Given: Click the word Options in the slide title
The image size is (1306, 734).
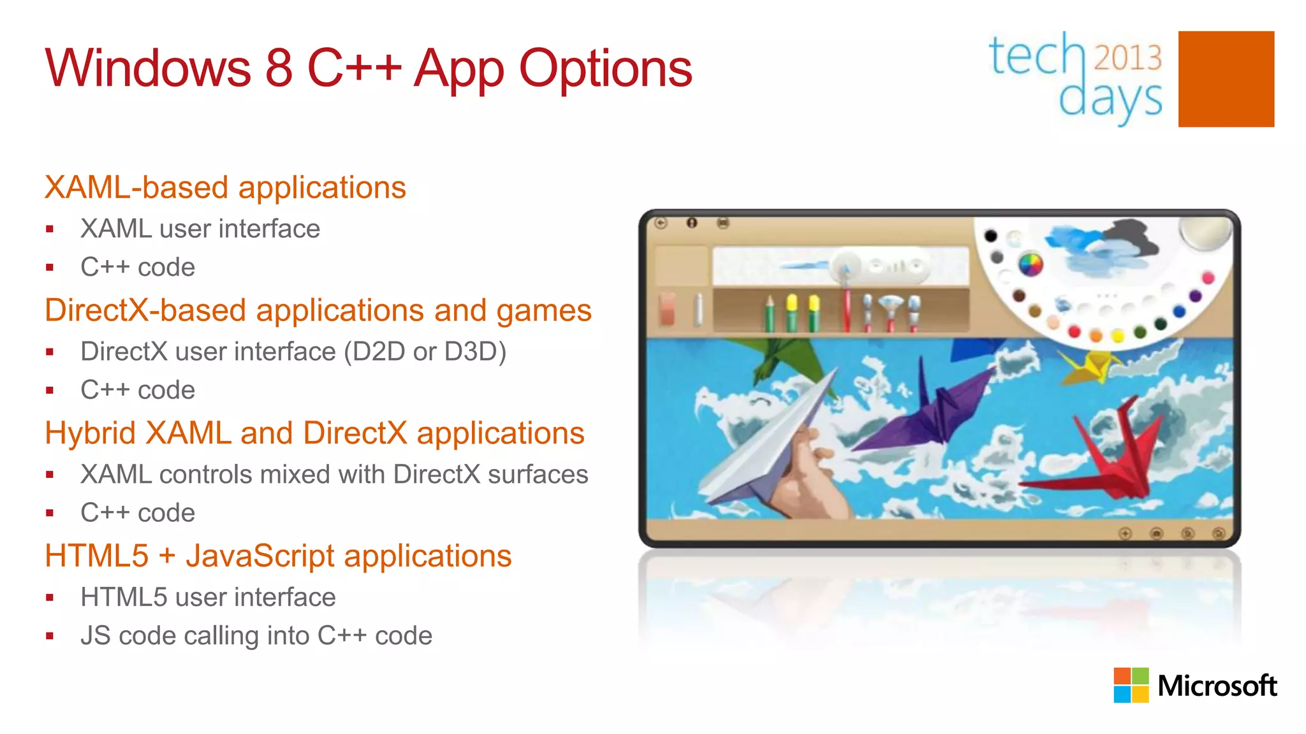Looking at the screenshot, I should coord(606,69).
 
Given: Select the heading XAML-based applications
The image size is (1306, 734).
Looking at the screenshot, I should coord(225,187).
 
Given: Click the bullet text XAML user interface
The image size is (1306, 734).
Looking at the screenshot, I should coord(200,229).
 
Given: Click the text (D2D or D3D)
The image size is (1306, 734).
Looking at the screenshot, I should coord(425,352).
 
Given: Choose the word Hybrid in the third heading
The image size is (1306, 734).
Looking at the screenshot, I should coord(90,433).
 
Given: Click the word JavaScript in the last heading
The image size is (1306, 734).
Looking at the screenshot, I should coord(260,556).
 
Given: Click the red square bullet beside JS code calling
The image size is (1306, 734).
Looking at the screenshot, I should coord(50,636).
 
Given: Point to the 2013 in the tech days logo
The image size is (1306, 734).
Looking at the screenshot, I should coord(1128,57).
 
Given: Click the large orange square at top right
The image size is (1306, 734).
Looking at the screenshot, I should coord(1226,79).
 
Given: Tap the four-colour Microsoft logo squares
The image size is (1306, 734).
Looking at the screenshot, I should coord(1131,685).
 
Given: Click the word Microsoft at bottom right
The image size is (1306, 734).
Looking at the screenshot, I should coord(1217,686).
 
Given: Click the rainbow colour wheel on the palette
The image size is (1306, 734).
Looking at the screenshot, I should coord(1031,264).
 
